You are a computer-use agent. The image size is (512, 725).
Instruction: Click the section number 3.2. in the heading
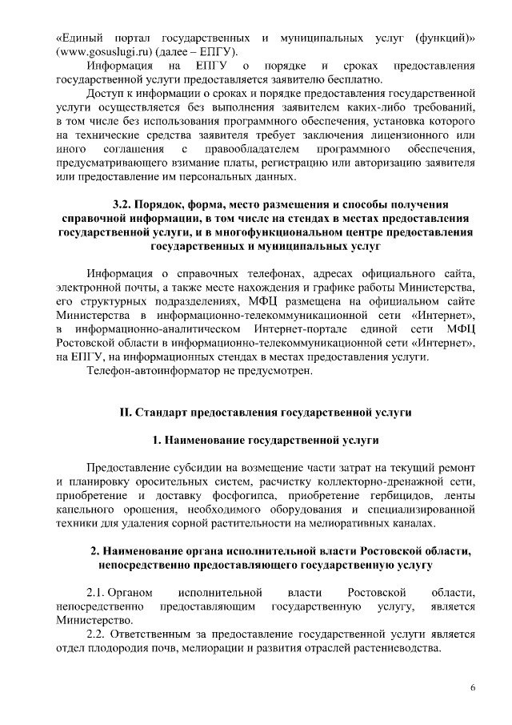point(129,204)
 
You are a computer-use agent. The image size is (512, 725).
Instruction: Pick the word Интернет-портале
point(302,329)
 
